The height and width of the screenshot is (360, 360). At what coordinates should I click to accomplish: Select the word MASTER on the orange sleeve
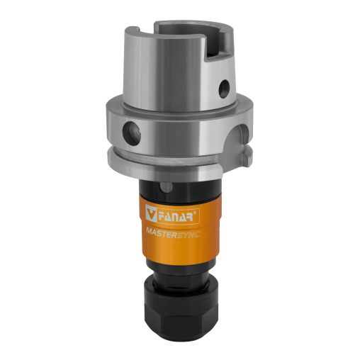pos(162,232)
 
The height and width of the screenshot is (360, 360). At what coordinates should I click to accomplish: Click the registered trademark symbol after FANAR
pos(195,212)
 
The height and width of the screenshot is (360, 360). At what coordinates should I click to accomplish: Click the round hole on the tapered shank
pos(224,89)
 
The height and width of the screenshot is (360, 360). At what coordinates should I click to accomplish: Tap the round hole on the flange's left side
pos(132,133)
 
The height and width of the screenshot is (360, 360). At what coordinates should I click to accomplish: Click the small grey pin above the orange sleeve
pos(167,186)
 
